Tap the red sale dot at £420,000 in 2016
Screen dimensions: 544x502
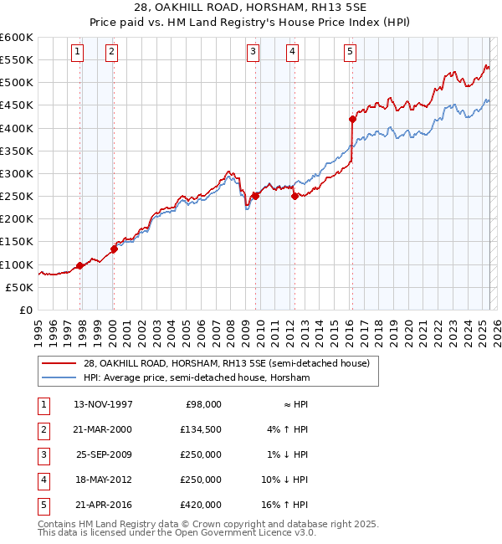[x=352, y=119]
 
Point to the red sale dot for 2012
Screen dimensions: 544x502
[x=295, y=197]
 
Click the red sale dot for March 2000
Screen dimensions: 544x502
[x=114, y=249]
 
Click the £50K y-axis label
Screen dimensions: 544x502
[x=20, y=287]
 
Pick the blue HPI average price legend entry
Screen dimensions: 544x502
[x=196, y=377]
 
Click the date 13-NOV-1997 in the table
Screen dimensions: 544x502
[x=103, y=404]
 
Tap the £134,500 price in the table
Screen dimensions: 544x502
[x=202, y=429]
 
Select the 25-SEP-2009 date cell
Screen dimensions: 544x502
[x=103, y=454]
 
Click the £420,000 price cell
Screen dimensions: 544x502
[x=202, y=505]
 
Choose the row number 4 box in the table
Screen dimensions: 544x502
[x=42, y=480]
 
